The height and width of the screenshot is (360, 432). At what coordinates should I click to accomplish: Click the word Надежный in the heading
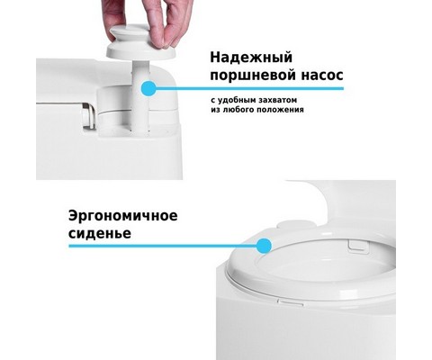click(251, 58)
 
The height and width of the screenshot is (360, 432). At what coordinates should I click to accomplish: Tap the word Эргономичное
click(123, 217)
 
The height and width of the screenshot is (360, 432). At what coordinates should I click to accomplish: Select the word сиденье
click(100, 233)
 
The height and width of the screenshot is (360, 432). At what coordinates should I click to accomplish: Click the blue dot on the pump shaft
click(148, 88)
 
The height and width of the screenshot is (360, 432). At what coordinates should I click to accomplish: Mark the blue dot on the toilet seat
click(264, 246)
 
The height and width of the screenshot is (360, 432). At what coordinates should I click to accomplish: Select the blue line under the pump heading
click(246, 88)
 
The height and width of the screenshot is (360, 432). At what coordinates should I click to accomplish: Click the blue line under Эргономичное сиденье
click(166, 246)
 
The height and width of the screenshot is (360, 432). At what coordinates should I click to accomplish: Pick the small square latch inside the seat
click(357, 245)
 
